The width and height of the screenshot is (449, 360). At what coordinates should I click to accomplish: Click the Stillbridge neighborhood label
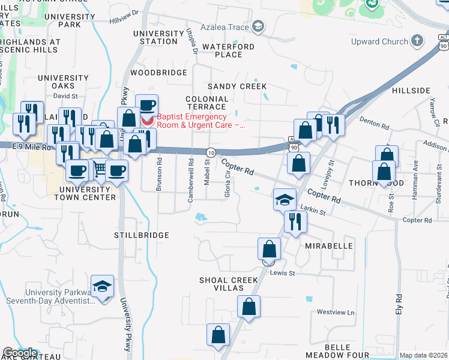tap(142, 235)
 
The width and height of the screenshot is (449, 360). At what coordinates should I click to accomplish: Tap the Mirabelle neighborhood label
tap(329, 247)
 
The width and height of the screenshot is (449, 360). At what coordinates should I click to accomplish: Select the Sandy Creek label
tap(237, 87)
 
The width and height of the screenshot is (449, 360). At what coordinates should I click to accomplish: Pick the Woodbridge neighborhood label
tap(159, 73)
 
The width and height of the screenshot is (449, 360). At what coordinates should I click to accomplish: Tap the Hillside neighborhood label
tap(411, 91)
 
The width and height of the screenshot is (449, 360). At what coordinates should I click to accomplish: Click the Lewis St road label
tap(283, 273)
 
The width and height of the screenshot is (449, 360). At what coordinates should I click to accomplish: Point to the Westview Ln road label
tap(336, 312)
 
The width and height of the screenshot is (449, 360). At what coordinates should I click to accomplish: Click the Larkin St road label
tap(313, 211)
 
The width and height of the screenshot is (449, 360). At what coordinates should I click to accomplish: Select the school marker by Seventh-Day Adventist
tap(103, 286)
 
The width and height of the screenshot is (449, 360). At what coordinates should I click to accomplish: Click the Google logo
tap(20, 353)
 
